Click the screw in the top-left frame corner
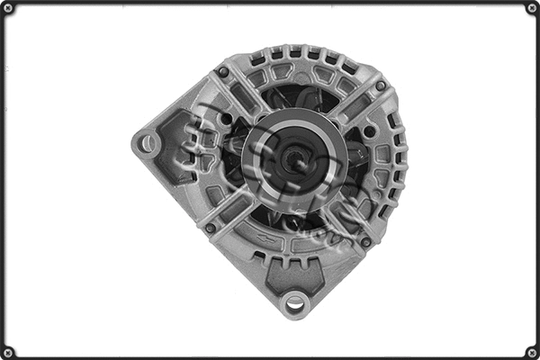click(9, 8)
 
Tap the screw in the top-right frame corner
click(531, 8)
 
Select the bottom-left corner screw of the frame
click(9, 351)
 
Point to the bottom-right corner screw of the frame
click(531, 351)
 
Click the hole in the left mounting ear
click(147, 142)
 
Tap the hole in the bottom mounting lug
click(293, 302)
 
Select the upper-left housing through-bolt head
click(222, 72)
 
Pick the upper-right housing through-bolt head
click(380, 86)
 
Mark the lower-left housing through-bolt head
click(211, 228)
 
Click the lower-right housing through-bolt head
click(365, 241)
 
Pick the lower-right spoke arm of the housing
click(346, 220)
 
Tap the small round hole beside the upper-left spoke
click(226, 118)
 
